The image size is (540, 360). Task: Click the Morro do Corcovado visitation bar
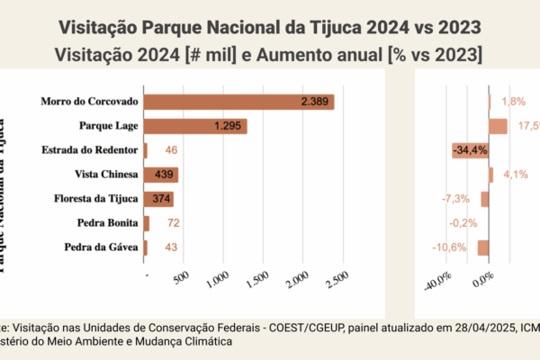tap(238, 102)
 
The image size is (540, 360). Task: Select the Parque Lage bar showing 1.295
tap(194, 126)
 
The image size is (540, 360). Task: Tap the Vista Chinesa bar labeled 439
tap(161, 175)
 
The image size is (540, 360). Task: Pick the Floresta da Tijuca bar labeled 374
tap(158, 199)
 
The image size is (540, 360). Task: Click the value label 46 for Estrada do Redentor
tap(172, 150)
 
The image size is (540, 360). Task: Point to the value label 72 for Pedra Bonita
tap(173, 222)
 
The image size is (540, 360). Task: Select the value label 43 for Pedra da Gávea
tap(172, 247)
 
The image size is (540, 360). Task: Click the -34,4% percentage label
tap(470, 149)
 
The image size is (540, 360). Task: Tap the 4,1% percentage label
tap(516, 175)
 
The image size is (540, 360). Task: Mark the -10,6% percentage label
tap(450, 247)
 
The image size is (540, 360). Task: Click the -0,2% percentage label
tap(463, 222)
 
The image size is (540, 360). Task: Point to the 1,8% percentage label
tap(514, 102)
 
